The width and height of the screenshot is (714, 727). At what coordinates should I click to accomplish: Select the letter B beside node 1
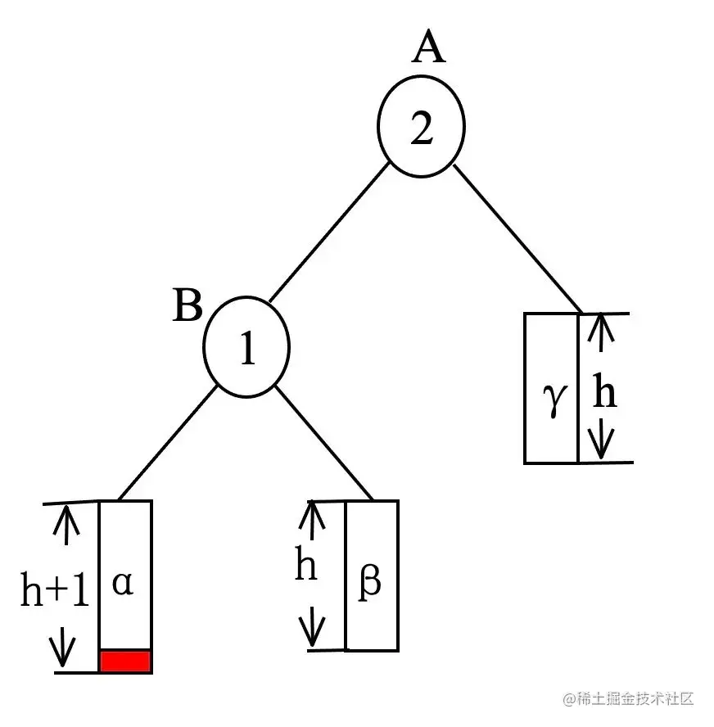tap(188, 309)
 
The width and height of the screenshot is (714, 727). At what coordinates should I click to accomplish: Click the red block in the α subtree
tap(125, 661)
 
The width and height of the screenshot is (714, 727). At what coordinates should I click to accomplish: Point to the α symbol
tap(123, 583)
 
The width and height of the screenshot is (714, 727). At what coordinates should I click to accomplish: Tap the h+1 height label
tap(54, 591)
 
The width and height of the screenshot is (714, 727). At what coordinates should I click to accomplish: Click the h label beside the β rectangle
tap(306, 567)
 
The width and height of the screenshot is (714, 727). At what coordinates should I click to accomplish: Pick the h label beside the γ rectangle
tap(605, 394)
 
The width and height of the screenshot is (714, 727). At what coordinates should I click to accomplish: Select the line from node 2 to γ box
tap(517, 239)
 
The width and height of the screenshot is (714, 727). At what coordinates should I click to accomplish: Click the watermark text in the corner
tap(628, 698)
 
